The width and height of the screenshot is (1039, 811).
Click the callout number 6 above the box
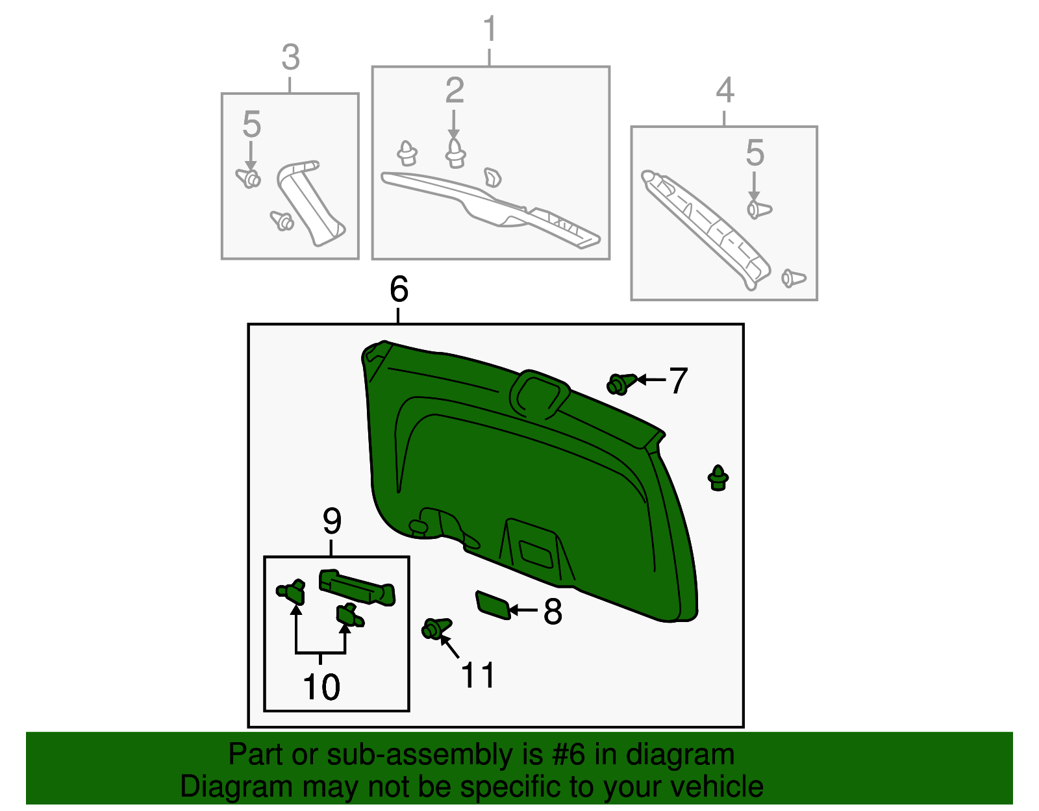click(399, 290)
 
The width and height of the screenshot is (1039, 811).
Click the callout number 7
click(678, 381)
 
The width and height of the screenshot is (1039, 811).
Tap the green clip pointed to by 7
click(620, 384)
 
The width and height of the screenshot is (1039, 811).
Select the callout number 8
click(553, 612)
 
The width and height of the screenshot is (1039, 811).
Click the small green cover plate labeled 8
click(493, 605)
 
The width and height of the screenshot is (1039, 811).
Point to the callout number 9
click(332, 521)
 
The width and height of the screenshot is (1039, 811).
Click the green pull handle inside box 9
click(357, 586)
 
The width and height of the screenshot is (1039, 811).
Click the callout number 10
click(321, 687)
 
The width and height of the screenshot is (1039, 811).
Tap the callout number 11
click(478, 676)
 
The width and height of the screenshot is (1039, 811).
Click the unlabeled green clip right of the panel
click(718, 478)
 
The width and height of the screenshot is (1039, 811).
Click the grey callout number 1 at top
click(490, 30)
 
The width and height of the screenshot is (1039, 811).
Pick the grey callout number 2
click(455, 91)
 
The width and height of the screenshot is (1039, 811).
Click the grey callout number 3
click(290, 58)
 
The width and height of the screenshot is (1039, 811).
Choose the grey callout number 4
click(725, 90)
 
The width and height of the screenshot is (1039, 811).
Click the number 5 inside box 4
click(755, 153)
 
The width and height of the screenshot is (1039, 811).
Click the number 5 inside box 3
click(251, 125)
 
